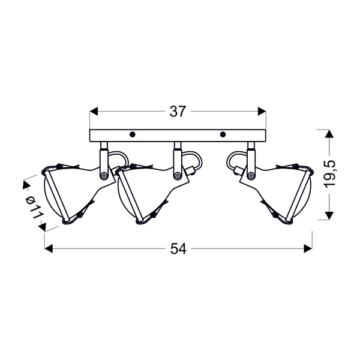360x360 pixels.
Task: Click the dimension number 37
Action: click(177, 112)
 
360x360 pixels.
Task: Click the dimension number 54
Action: click(178, 248)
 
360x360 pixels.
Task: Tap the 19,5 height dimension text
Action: click(330, 175)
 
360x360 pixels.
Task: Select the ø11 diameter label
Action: click(34, 207)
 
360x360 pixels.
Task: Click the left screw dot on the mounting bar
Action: click(132, 134)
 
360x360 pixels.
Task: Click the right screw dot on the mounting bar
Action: click(222, 134)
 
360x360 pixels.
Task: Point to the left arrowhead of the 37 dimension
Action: click(94, 112)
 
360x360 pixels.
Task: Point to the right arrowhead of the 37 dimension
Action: click(262, 112)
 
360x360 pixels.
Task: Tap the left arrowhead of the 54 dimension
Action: click(49, 248)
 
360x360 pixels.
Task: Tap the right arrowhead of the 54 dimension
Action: click(308, 248)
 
